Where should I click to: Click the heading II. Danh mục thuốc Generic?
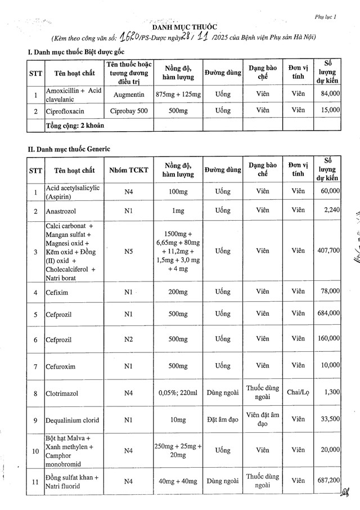pos(69,149)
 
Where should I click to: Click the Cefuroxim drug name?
pos(62,366)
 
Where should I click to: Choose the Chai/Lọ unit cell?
pos(298,392)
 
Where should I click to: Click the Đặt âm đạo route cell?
pos(223,419)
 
